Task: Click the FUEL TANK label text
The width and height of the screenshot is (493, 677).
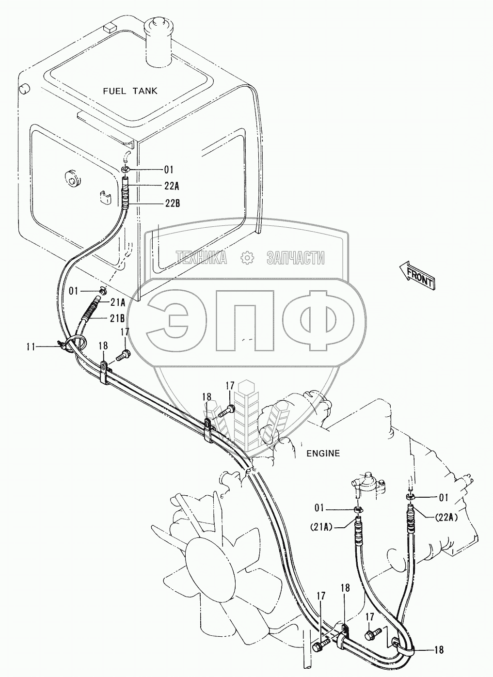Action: [x=130, y=91]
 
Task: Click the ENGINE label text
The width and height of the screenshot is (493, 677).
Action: [x=323, y=454]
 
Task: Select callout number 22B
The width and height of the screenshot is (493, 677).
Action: [x=172, y=204]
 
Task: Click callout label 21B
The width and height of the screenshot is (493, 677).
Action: [x=117, y=318]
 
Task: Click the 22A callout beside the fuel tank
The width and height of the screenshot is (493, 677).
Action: [x=172, y=186]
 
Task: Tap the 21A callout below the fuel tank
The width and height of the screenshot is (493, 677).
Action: [x=117, y=302]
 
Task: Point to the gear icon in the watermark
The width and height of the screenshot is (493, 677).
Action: [x=247, y=258]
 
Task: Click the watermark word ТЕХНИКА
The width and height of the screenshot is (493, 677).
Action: [x=201, y=258]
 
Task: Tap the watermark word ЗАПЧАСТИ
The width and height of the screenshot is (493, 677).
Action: [x=295, y=258]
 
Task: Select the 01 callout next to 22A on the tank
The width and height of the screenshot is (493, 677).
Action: [x=168, y=169]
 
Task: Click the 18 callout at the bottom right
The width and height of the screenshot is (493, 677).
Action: [x=439, y=650]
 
